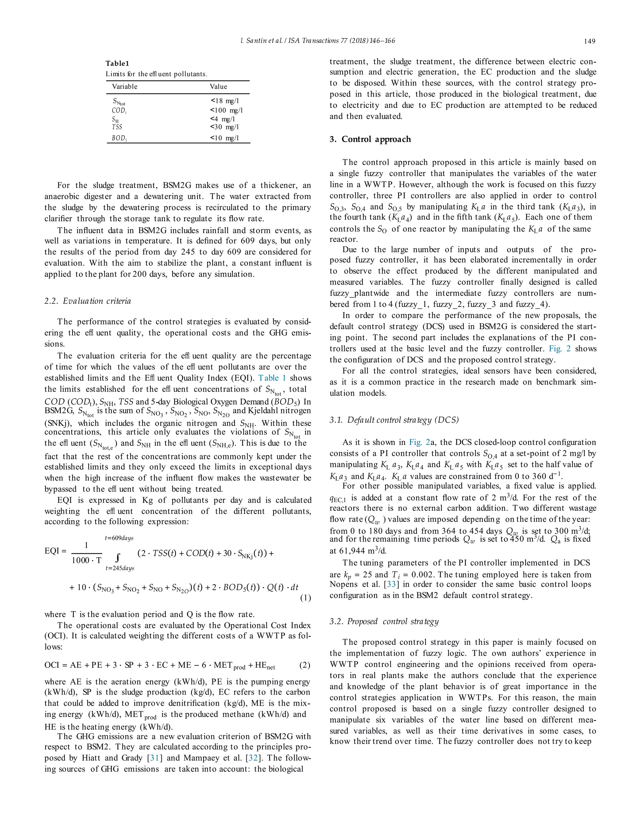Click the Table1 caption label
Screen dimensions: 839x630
(x=117, y=63)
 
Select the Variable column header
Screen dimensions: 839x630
(x=125, y=86)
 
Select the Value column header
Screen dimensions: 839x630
(x=218, y=86)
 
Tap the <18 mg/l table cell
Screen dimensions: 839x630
(x=225, y=100)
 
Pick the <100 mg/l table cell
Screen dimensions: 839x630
(x=226, y=110)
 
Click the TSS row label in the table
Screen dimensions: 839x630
(x=117, y=127)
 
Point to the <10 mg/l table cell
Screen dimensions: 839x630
(x=225, y=138)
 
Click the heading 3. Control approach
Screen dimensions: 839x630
(x=370, y=139)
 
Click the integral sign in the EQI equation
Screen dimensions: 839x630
(x=118, y=557)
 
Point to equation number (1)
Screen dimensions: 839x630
(x=305, y=598)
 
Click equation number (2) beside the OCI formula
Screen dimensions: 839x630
(x=305, y=665)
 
